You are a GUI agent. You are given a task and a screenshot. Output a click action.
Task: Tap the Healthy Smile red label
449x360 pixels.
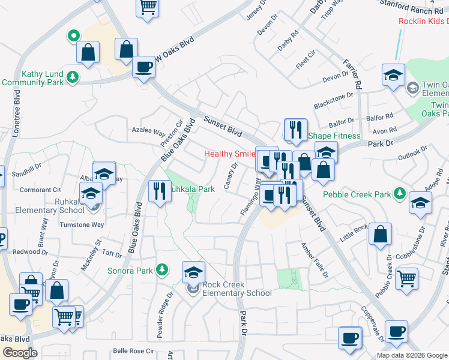coord(229,154)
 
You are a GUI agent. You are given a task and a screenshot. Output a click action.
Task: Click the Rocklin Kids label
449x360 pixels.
coord(423,22)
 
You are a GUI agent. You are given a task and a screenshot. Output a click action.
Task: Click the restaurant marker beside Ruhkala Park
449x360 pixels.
coord(159,191)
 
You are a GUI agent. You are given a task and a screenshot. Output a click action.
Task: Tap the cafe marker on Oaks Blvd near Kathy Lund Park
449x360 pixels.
coord(143,67)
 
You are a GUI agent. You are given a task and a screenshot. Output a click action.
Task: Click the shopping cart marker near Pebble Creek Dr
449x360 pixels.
coord(407,278)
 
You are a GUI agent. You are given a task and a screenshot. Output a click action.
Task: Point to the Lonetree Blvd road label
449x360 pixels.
coord(17,114)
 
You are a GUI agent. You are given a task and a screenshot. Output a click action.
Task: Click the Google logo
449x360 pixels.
coord(20,353)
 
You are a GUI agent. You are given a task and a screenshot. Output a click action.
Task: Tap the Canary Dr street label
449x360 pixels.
coord(230,176)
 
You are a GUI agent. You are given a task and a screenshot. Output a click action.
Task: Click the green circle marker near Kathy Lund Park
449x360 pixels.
coord(73,36)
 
